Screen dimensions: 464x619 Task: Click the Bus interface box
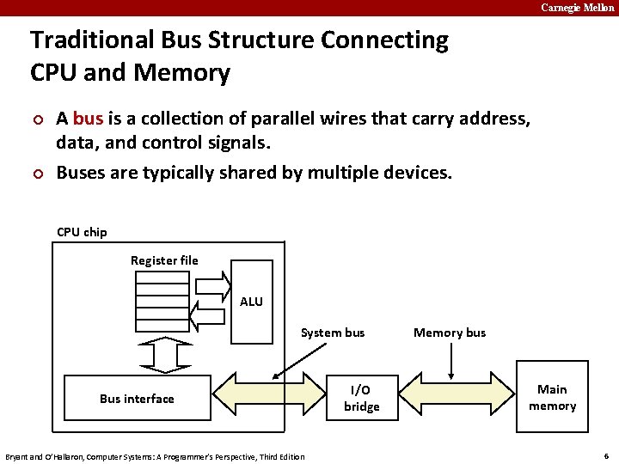pyautogui.click(x=138, y=398)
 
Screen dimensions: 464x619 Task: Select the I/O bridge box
pyautogui.click(x=361, y=398)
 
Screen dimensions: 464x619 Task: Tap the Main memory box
pyautogui.click(x=552, y=398)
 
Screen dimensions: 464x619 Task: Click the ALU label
pyautogui.click(x=252, y=302)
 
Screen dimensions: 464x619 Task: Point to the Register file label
pyautogui.click(x=164, y=260)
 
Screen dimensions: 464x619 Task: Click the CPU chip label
pyautogui.click(x=82, y=232)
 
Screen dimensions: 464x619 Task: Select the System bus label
pyautogui.click(x=332, y=333)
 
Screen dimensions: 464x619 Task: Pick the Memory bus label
pyautogui.click(x=450, y=333)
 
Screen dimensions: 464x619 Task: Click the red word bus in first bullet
pyautogui.click(x=88, y=119)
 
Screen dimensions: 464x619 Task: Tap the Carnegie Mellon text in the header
pyautogui.click(x=578, y=8)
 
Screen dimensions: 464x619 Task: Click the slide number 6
pyautogui.click(x=606, y=455)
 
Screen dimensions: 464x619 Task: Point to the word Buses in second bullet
pyautogui.click(x=79, y=172)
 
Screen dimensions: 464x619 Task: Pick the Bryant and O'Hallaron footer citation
pyautogui.click(x=155, y=456)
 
